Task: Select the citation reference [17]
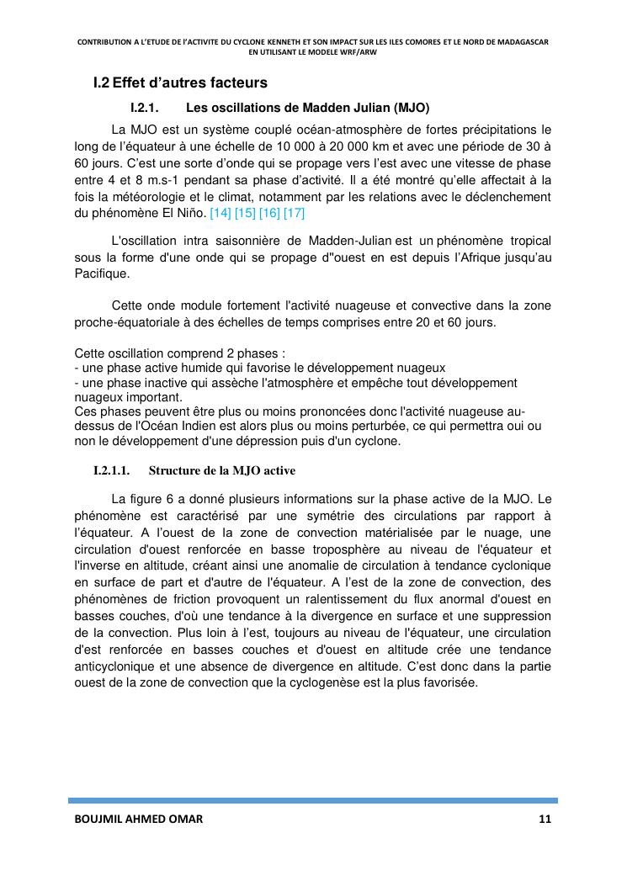[294, 213]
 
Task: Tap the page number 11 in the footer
[545, 820]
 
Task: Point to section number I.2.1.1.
[114, 470]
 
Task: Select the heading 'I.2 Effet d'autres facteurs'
[180, 83]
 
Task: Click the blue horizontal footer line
[312, 800]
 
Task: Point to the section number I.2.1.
[145, 109]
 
